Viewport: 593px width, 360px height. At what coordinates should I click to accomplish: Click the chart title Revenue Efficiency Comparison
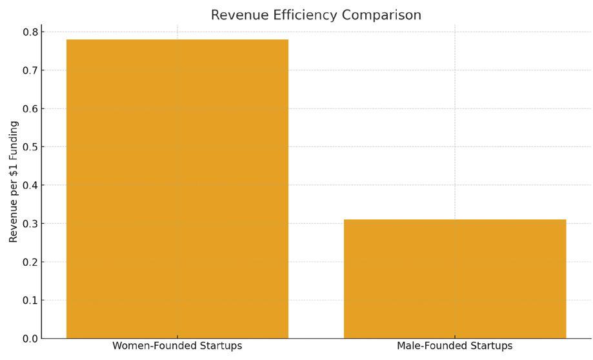click(316, 15)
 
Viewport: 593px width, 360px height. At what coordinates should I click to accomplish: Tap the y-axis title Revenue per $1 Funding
click(14, 182)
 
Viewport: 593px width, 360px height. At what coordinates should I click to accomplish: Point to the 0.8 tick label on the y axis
click(30, 32)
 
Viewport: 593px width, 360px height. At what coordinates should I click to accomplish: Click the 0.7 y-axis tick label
click(30, 70)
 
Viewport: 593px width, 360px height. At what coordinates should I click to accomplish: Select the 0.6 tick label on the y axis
click(30, 108)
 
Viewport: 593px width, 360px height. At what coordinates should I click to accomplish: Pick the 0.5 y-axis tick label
click(30, 147)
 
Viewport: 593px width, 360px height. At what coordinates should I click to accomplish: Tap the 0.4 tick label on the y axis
click(30, 185)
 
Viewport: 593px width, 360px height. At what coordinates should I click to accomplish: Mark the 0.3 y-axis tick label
click(30, 224)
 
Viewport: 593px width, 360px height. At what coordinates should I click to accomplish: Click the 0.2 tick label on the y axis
click(30, 262)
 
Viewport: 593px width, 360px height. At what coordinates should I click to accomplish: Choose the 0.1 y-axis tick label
click(30, 301)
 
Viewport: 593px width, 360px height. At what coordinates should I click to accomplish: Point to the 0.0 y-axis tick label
click(30, 339)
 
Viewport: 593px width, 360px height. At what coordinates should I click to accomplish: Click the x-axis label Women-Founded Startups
click(177, 346)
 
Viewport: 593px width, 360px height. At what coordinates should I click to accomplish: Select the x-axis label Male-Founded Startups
click(454, 346)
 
